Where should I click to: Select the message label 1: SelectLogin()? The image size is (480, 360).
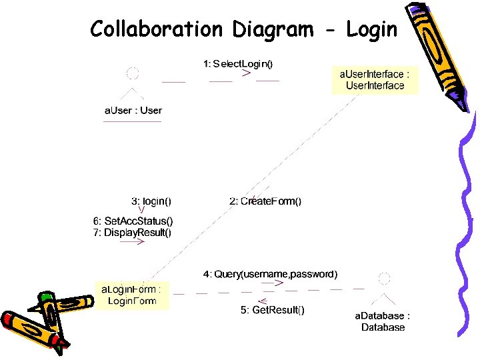[x=238, y=64]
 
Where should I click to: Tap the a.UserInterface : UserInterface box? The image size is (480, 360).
[x=375, y=80]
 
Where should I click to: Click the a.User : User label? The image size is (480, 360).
[x=133, y=110]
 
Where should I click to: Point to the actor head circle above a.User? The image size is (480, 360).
[x=133, y=73]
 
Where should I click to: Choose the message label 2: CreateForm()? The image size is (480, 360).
[x=265, y=201]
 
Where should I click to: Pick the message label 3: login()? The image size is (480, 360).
[x=151, y=200]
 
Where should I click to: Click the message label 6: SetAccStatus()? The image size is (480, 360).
[x=132, y=221]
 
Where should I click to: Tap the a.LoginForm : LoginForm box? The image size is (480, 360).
[x=131, y=295]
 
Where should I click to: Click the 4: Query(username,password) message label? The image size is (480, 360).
[x=270, y=273]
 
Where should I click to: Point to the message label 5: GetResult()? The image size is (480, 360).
[x=273, y=310]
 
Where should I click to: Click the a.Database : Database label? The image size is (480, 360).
[x=383, y=321]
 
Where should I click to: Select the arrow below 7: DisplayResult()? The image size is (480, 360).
[x=133, y=242]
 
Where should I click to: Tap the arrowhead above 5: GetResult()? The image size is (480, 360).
[x=263, y=300]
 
